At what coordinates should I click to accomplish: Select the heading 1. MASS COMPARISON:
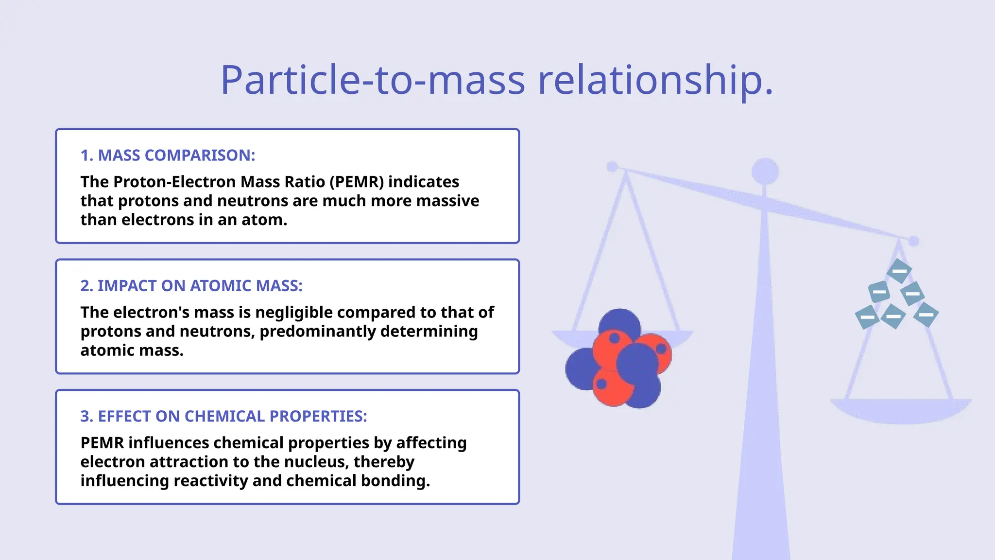168,156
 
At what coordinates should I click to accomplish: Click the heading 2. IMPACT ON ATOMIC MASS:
191,286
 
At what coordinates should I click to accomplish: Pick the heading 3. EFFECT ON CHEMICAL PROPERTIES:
223,417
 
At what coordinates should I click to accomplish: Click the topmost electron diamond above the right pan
899,271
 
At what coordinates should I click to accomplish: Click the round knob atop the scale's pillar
765,171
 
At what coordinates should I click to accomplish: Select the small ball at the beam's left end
612,167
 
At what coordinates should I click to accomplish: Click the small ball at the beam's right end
913,241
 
